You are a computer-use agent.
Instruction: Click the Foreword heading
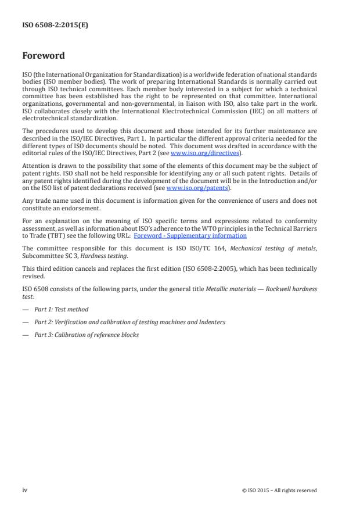tap(44, 56)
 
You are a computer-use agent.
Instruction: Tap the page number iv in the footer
tap(25, 490)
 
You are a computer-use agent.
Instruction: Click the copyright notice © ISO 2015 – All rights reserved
tap(279, 490)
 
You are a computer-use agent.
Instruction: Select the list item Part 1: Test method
tap(61, 310)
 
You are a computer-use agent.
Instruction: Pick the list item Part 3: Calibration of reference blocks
tap(87, 335)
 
